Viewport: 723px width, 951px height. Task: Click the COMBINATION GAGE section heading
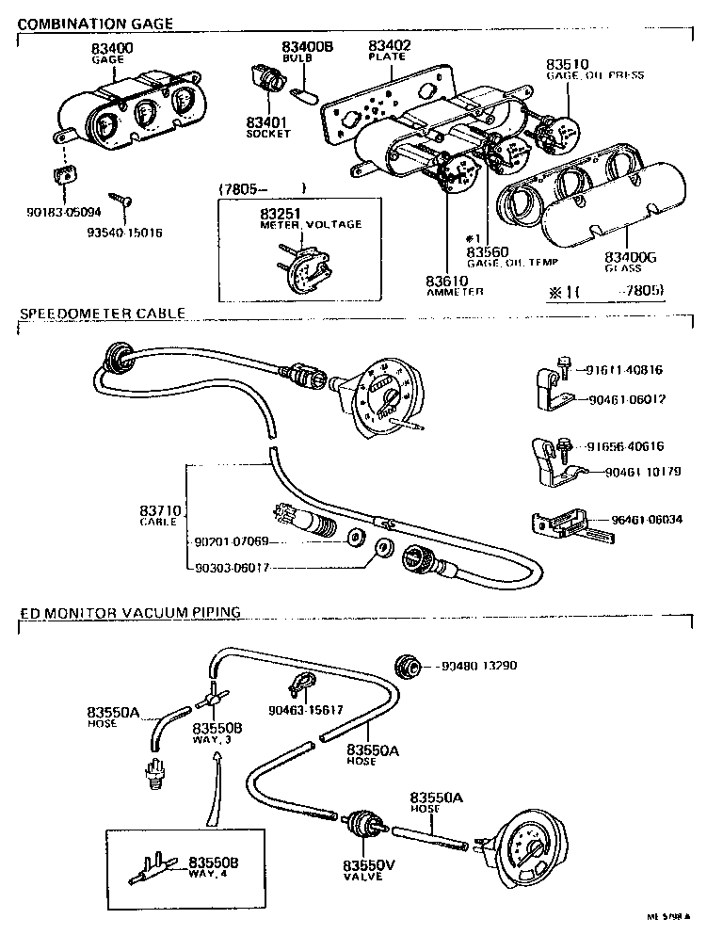[x=96, y=24]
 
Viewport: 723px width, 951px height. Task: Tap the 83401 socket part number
[x=268, y=122]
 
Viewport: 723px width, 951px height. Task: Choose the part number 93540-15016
[x=124, y=232]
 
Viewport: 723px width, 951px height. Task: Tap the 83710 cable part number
[x=160, y=510]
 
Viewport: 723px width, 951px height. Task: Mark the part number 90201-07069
[x=232, y=541]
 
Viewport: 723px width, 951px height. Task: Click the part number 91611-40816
[x=626, y=370]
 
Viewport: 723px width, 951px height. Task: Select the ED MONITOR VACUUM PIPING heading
[x=130, y=613]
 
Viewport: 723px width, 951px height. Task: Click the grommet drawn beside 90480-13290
[x=409, y=666]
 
